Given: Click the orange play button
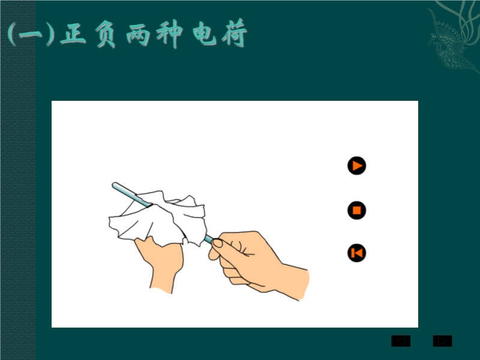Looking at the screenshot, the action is pos(356,166).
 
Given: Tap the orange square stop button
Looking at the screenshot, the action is pos(356,211).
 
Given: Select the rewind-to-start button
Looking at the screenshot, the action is pos(356,253).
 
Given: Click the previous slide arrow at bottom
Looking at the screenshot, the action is pos(401,341).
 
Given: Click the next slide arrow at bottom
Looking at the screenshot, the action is pos(442,341).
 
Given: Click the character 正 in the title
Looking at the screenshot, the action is pos(73,34).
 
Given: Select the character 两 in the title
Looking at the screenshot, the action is pos(138,34).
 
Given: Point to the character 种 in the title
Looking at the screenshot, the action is pos(169,34).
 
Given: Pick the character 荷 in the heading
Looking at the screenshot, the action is pos(235,33).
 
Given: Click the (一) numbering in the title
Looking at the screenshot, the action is pos(31,34).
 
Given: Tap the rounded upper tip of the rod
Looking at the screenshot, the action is pos(115,185).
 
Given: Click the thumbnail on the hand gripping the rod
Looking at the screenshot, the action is pos(218,243).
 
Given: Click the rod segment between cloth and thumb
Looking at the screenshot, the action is pos(209,239).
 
